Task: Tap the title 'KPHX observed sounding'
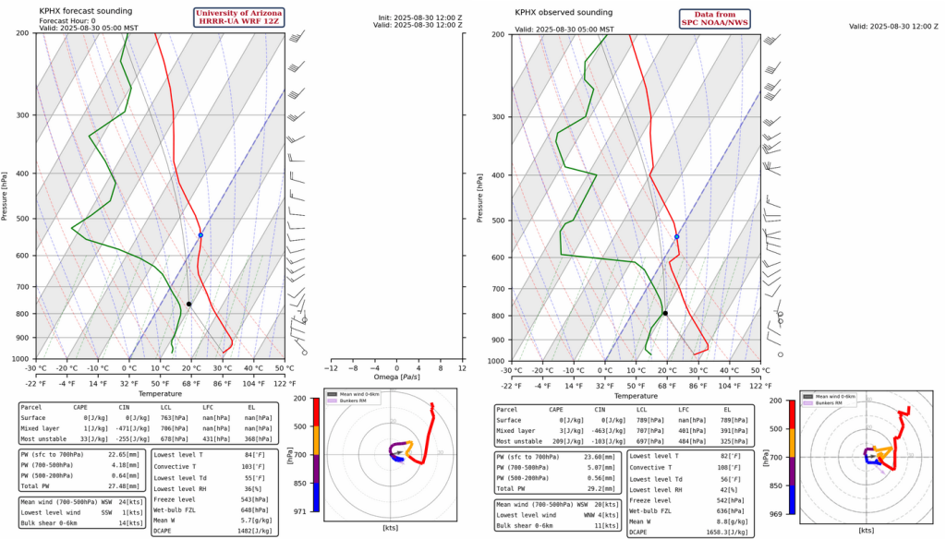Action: coord(564,12)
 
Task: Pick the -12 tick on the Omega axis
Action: coord(331,367)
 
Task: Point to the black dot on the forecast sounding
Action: coord(188,304)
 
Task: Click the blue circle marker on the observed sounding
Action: coord(677,237)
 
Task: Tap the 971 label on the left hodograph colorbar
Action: coord(301,511)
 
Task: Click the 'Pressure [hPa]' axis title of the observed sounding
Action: coord(481,197)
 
